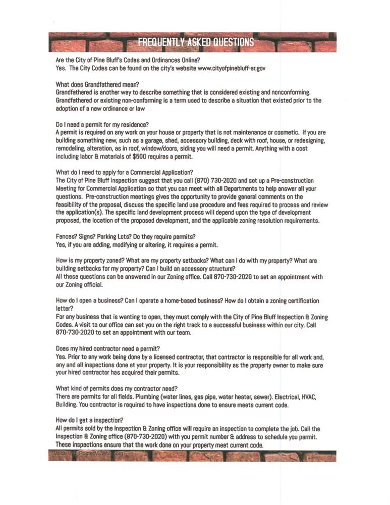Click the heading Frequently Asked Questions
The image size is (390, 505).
click(x=196, y=42)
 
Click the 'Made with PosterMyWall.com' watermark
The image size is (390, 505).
click(x=86, y=454)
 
